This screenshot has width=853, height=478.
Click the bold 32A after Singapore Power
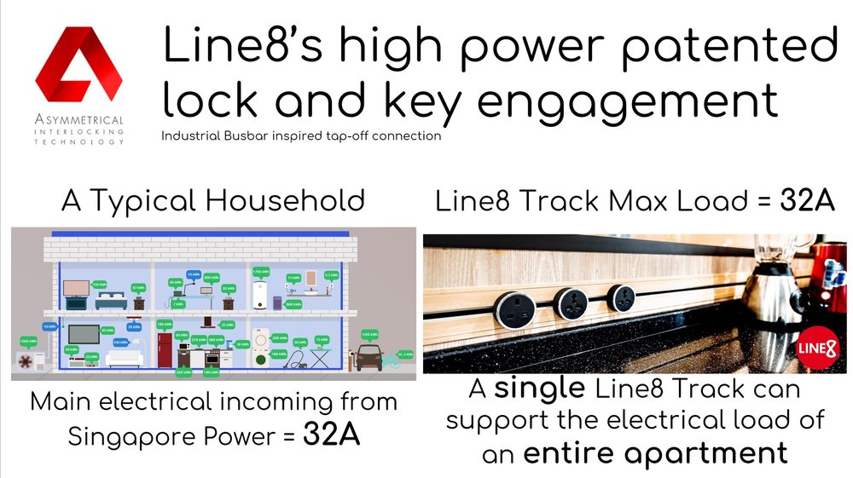pos(331,435)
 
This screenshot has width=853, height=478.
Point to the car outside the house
pos(368,358)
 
